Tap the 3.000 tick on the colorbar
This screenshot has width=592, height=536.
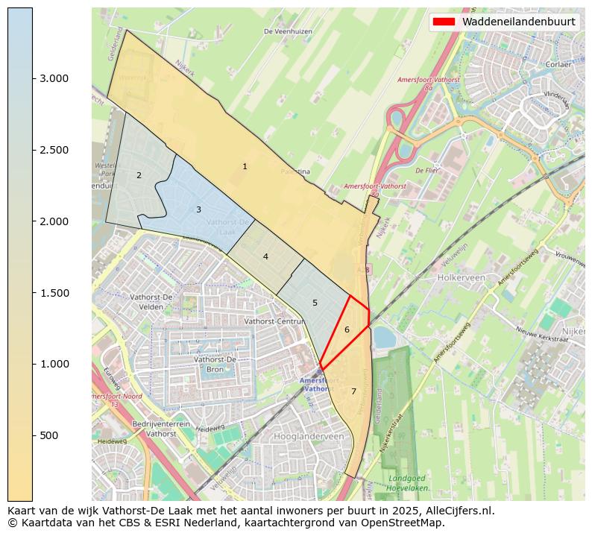[x=54, y=79]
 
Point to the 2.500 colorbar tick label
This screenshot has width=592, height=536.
[x=54, y=150]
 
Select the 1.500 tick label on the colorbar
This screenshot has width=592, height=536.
[x=54, y=293]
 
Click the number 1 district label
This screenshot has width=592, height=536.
[x=245, y=166]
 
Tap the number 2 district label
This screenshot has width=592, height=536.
[x=139, y=175]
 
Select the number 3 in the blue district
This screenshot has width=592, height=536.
[x=198, y=209]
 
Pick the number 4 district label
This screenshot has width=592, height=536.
[x=265, y=256]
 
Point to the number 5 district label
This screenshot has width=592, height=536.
[x=315, y=303]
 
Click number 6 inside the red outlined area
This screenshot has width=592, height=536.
[x=347, y=330]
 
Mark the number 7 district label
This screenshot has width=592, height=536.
[x=353, y=391]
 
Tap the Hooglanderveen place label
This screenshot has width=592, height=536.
[x=309, y=437]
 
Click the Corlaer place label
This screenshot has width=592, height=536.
[x=557, y=65]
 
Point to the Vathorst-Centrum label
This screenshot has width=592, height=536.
[x=275, y=321]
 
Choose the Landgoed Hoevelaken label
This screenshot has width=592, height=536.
[x=408, y=482]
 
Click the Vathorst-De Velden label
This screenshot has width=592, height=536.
[x=151, y=301]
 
